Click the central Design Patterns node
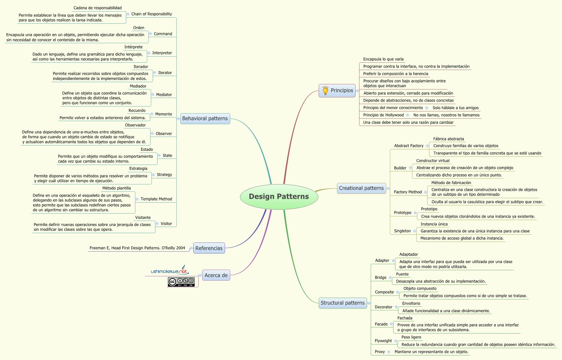click(x=279, y=197)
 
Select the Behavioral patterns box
click(x=205, y=118)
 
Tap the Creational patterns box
click(x=361, y=188)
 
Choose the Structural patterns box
click(x=342, y=303)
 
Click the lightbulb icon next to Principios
click(x=325, y=91)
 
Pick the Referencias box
click(x=209, y=248)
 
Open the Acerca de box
click(x=216, y=275)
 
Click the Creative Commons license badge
click(x=181, y=282)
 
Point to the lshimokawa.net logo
click(x=170, y=270)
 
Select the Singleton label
click(x=402, y=231)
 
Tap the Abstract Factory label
click(x=409, y=146)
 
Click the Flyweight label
click(x=383, y=341)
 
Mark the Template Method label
click(x=156, y=199)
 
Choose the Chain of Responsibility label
click(x=151, y=14)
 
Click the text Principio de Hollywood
click(x=383, y=115)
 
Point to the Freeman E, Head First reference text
click(x=137, y=248)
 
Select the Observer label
click(x=164, y=134)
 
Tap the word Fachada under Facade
click(x=405, y=318)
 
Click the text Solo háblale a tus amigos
click(x=456, y=108)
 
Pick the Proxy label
click(x=380, y=352)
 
